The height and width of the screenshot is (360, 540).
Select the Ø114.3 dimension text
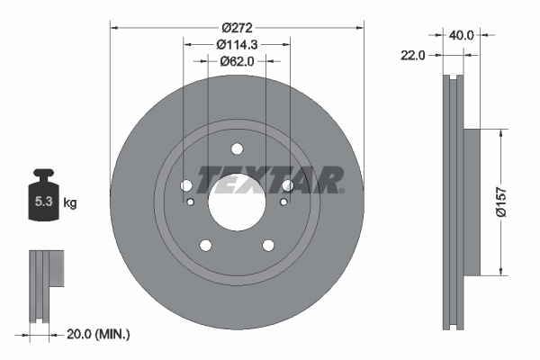tap(238, 43)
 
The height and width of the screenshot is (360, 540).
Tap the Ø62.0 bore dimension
tap(238, 61)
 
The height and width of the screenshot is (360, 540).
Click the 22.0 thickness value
tap(413, 55)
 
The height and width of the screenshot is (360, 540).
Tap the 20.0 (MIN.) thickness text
tap(99, 335)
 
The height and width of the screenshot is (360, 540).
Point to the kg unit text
tap(70, 203)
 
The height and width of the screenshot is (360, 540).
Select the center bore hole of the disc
tap(237, 197)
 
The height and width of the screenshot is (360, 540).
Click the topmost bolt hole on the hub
tap(237, 149)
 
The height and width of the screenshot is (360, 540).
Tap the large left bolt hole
tap(187, 185)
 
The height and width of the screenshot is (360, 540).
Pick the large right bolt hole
tap(287, 185)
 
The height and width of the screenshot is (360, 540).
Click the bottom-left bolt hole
tap(206, 244)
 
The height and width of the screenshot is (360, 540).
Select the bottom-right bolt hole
tap(267, 244)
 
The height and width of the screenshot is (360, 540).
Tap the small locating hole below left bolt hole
tap(190, 202)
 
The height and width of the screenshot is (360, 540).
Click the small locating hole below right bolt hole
tap(284, 202)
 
